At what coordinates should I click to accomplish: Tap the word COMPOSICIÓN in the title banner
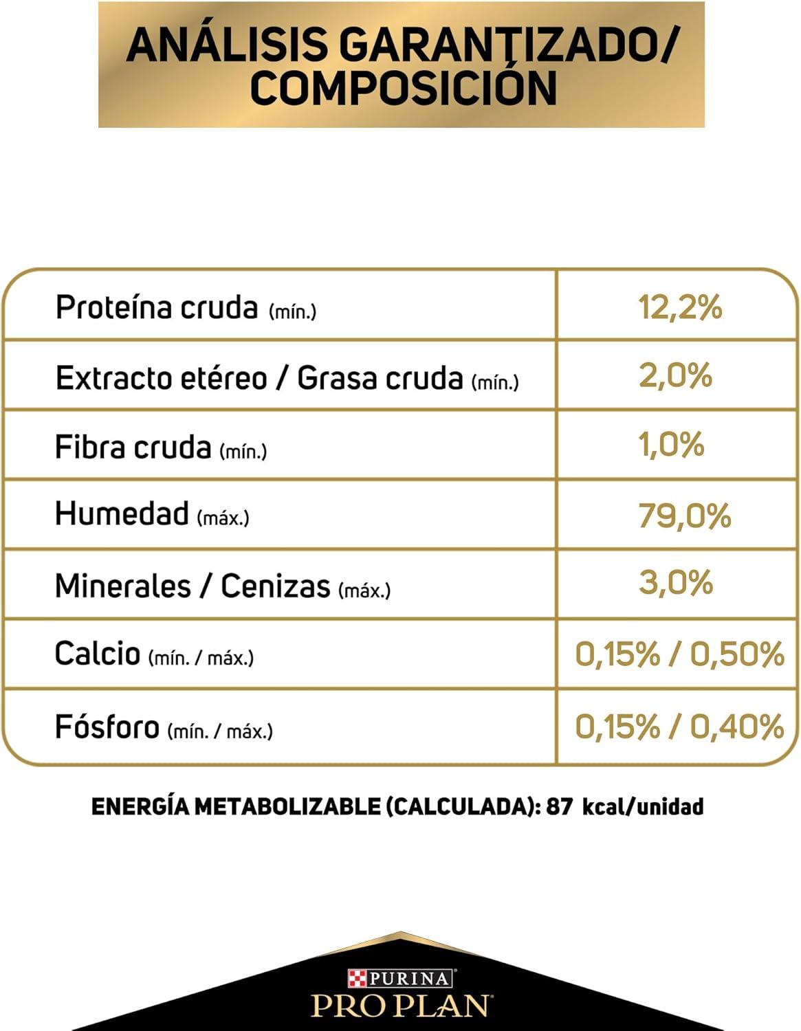tap(403, 89)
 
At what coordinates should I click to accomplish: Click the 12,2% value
tap(680, 307)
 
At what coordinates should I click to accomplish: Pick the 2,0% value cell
tap(675, 376)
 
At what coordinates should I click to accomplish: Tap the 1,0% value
tap(671, 445)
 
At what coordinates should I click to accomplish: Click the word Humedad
tap(122, 513)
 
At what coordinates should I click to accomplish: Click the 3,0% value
tap(676, 584)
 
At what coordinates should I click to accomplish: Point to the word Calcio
tap(97, 654)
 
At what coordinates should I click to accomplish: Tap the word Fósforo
tap(107, 727)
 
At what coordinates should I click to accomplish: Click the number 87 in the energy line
tap(559, 806)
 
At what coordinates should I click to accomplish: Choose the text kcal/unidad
tap(642, 806)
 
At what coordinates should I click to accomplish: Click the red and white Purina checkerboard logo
tap(357, 978)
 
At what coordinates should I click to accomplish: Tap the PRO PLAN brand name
tap(402, 1005)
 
